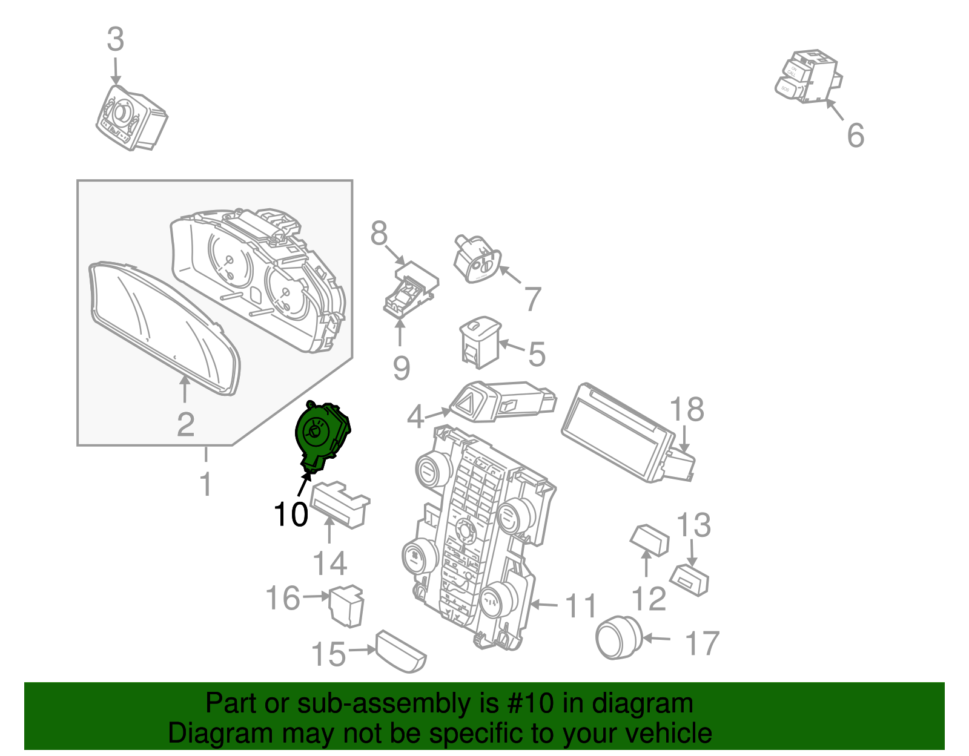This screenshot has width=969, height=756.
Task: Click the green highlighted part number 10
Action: tap(321, 435)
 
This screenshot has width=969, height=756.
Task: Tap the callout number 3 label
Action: tap(115, 40)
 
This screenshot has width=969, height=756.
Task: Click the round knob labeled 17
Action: tap(618, 637)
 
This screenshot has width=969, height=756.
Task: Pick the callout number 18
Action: tap(687, 410)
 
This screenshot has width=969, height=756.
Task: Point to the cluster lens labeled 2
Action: tap(164, 327)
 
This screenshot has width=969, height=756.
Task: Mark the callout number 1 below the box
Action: tap(206, 484)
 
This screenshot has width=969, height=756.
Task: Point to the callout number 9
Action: tap(401, 368)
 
